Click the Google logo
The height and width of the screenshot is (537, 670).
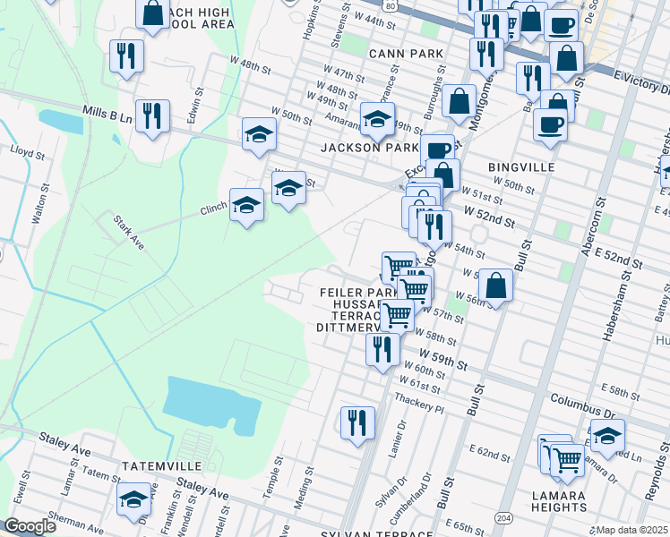pyautogui.click(x=29, y=526)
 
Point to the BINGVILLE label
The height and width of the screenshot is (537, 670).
pyautogui.click(x=522, y=167)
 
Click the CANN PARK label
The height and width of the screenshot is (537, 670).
pyautogui.click(x=407, y=54)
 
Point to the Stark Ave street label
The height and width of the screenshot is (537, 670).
pyautogui.click(x=128, y=232)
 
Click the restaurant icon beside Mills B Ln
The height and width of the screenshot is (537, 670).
pyautogui.click(x=152, y=116)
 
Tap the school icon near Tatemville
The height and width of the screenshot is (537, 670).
pyautogui.click(x=134, y=499)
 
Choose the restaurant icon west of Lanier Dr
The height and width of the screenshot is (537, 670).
pyautogui.click(x=357, y=422)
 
